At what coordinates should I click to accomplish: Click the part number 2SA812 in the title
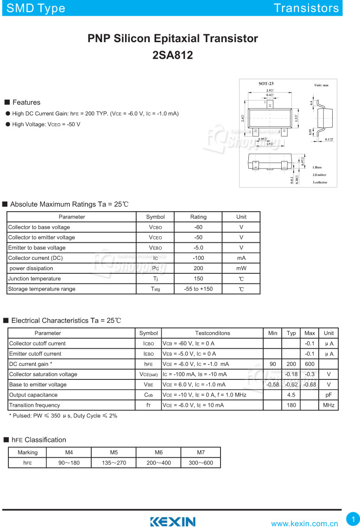click(x=172, y=55)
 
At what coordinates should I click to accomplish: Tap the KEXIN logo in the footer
click(x=172, y=522)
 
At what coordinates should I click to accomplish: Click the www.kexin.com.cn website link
click(x=304, y=523)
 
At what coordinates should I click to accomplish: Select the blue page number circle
click(x=353, y=518)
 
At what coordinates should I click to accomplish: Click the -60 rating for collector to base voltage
click(x=198, y=227)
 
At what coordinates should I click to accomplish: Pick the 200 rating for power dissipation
click(x=198, y=268)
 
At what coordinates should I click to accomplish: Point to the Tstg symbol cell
click(x=155, y=289)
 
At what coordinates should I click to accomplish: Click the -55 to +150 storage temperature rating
click(x=198, y=289)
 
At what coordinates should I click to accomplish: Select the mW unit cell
click(x=241, y=268)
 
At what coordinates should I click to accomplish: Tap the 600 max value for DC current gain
click(x=309, y=364)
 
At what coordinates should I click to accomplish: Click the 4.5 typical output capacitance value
click(x=291, y=395)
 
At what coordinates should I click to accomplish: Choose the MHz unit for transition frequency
click(x=328, y=405)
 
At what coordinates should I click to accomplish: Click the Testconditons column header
click(x=212, y=333)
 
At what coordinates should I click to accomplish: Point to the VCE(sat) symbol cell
click(x=149, y=374)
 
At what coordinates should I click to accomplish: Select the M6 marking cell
click(x=158, y=452)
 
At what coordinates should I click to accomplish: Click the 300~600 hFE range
click(x=201, y=462)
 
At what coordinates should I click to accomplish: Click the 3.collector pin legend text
click(x=320, y=182)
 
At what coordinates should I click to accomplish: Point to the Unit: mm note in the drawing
click(x=321, y=85)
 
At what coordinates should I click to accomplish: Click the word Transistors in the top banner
click(x=306, y=8)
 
